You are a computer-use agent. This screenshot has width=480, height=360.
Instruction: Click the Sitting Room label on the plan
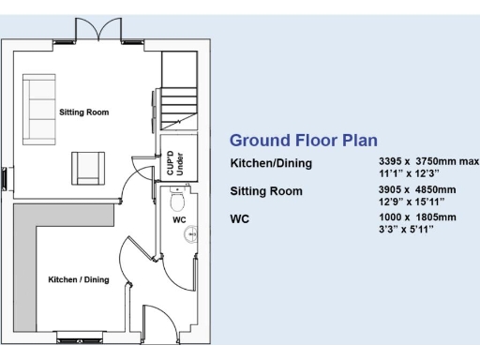pos(83,112)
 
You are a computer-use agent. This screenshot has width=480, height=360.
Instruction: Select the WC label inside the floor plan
pos(179,220)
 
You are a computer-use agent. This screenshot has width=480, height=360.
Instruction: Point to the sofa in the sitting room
pos(38,105)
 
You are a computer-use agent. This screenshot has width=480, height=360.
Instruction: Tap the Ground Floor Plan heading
pos(304,142)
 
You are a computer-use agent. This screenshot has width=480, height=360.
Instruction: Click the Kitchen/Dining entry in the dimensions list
pos(271,164)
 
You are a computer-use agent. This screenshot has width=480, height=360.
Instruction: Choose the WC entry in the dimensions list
pos(240,218)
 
